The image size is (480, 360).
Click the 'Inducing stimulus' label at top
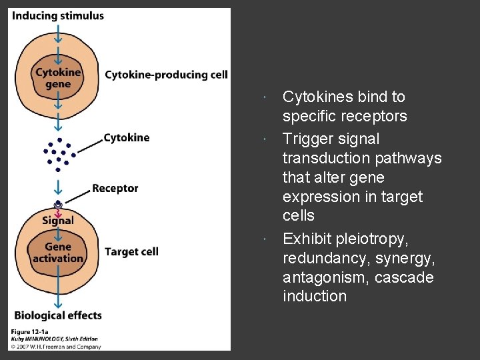[x=57, y=15]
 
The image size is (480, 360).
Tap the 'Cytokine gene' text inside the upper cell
[x=58, y=78]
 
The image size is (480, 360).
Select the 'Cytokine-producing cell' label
[x=166, y=75]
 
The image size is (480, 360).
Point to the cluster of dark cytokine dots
[x=58, y=153]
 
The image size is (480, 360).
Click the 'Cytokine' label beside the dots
[x=127, y=138]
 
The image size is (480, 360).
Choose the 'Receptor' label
[x=115, y=189]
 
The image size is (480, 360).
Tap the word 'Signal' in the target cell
[x=58, y=221]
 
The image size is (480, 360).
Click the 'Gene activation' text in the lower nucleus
[x=59, y=253]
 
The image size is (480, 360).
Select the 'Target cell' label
[x=131, y=252]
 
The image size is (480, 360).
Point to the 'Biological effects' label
[x=57, y=315]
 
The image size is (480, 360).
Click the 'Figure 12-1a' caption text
[x=30, y=332]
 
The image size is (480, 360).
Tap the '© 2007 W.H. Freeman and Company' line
[x=55, y=347]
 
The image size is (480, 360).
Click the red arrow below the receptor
[x=59, y=212]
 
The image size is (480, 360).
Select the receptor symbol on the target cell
[x=59, y=203]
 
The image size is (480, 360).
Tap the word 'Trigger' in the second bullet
[x=307, y=139]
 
